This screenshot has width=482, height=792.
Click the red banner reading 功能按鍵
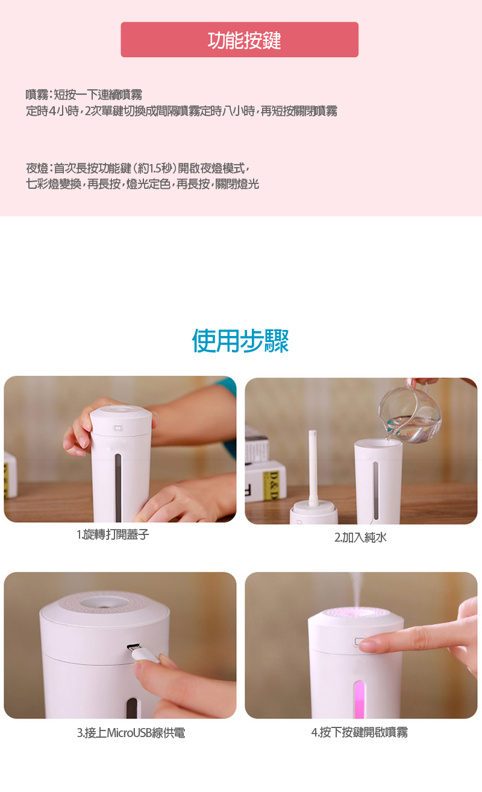(x=239, y=40)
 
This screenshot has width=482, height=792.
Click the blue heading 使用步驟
(x=240, y=340)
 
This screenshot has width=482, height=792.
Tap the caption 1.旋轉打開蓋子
(x=113, y=534)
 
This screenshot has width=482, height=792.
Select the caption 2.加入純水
(x=360, y=537)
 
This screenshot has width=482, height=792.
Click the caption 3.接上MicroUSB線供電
(x=131, y=733)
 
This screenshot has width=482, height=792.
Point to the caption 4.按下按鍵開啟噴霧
(x=360, y=732)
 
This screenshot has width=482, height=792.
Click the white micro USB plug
(x=142, y=654)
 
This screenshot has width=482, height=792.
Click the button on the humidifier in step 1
(x=118, y=428)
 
